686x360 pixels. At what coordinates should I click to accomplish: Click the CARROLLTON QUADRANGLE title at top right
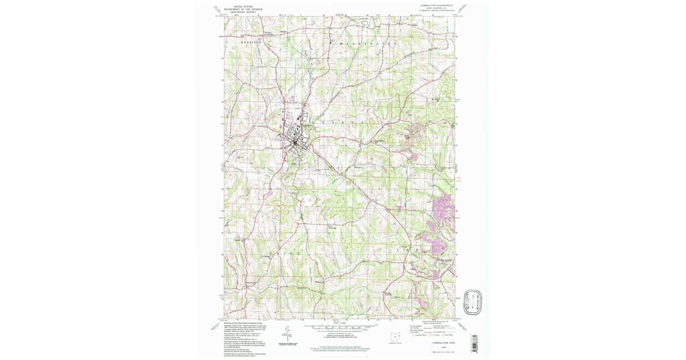[436, 5]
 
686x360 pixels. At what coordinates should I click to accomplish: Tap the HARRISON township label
[249, 43]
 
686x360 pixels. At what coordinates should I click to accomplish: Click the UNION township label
[282, 253]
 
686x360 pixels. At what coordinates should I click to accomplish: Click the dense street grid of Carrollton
[295, 139]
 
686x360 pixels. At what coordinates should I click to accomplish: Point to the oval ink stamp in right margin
[473, 302]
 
